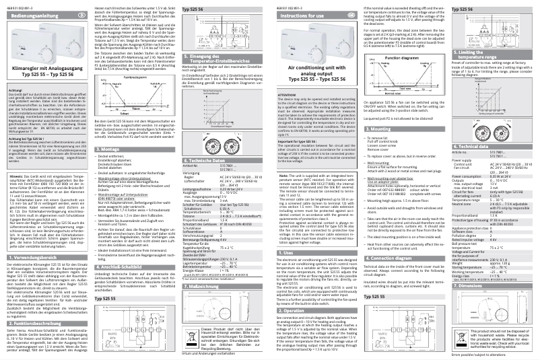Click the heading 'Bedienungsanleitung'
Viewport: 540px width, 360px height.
click(x=30, y=13)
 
